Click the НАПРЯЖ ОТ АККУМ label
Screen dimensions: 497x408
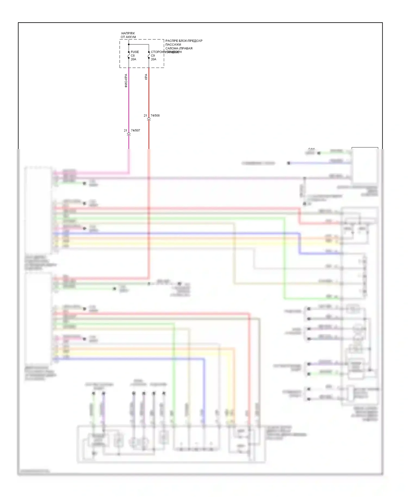128,35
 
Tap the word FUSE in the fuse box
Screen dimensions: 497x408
135,52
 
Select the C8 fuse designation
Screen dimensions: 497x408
132,55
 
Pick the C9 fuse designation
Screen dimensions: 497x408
153,55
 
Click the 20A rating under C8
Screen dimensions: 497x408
133,59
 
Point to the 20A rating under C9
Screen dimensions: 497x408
153,59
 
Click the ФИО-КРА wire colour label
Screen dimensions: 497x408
126,80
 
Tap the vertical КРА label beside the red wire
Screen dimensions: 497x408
146,77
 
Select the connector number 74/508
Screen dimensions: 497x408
155,116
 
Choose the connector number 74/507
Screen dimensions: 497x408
135,131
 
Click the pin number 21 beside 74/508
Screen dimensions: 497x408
145,116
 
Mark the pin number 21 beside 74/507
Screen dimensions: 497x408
125,131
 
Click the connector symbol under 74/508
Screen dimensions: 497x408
149,119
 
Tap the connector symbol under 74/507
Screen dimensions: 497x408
129,134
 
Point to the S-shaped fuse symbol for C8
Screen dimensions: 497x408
129,55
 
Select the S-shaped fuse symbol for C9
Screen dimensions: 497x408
149,55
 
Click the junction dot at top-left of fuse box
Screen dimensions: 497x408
129,44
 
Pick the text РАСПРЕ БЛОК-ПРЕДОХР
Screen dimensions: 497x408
184,41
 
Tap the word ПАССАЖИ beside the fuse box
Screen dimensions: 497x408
173,45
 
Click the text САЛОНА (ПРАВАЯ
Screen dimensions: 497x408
179,48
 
